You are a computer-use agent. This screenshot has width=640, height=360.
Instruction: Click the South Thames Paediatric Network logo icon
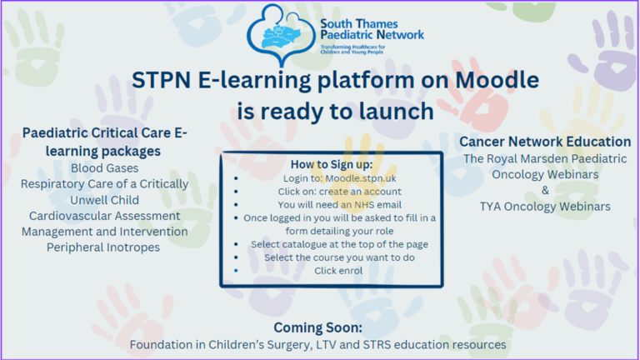click(282, 33)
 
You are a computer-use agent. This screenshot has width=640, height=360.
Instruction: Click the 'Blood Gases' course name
click(105, 168)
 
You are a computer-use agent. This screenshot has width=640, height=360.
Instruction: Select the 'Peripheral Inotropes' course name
click(105, 247)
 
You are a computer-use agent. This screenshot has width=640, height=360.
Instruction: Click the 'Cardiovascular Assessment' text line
click(105, 216)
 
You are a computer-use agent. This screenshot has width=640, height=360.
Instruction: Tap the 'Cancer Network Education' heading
click(545, 142)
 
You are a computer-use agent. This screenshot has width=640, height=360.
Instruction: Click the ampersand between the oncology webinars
click(545, 190)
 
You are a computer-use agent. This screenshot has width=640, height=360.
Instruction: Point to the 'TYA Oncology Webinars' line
click(545, 206)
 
